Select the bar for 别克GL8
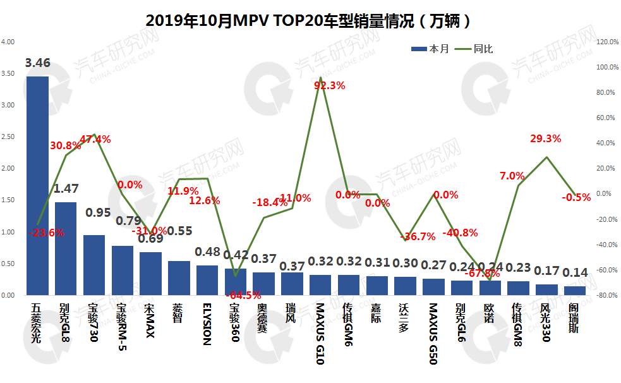66,248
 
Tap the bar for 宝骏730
94,265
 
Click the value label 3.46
37,63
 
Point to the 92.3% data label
329,86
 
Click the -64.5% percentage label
243,295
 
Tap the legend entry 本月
430,49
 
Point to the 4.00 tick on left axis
8,42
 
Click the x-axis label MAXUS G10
321,334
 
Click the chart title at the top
310,20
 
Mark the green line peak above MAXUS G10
321,78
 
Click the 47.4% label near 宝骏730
95,139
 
